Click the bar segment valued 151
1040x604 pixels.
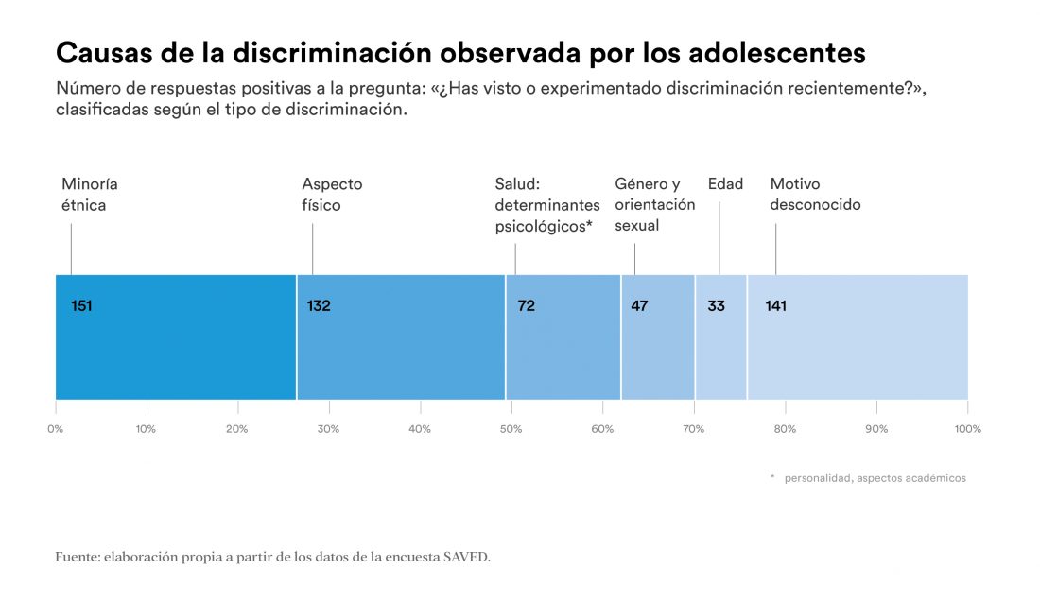[176, 337]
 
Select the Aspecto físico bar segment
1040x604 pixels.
[401, 337]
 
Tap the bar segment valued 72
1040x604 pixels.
[563, 337]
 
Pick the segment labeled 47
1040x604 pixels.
[658, 337]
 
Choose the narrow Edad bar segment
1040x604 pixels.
[720, 337]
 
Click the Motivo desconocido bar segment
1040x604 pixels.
[858, 337]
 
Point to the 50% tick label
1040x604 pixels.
[511, 429]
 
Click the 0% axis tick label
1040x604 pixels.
[56, 429]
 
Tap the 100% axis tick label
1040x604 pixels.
[968, 429]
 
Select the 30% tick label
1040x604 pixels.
[329, 429]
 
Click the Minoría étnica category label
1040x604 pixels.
[90, 194]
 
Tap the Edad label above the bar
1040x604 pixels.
[725, 183]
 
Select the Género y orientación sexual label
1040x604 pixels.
[654, 204]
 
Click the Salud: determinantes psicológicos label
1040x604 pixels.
[547, 205]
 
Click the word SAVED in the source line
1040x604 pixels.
[467, 557]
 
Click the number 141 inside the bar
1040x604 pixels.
[775, 305]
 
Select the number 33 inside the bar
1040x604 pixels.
[716, 305]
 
